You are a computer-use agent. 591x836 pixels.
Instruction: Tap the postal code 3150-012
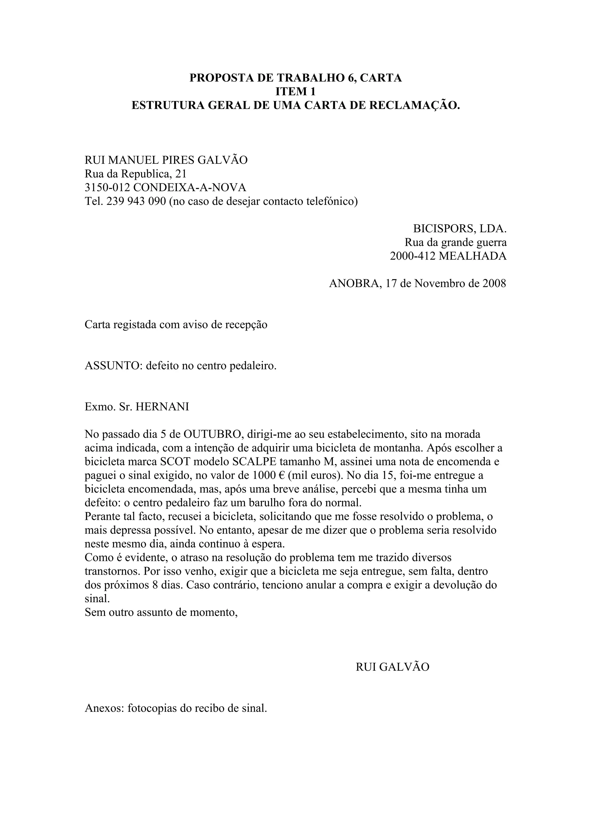tap(107, 188)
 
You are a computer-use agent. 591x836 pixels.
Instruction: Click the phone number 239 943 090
tap(136, 201)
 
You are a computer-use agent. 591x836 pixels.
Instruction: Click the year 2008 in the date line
tap(494, 283)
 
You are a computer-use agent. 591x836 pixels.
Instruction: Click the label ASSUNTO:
tap(113, 365)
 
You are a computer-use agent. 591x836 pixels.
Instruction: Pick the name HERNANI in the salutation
tap(162, 407)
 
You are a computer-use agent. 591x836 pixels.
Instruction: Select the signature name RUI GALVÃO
tap(392, 667)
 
